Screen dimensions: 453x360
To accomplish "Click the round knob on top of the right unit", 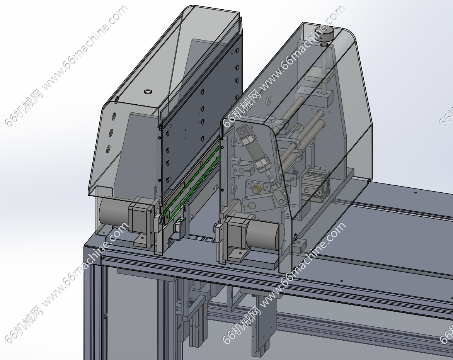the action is [324, 33].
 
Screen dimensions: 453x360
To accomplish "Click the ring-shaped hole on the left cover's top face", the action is [148, 92].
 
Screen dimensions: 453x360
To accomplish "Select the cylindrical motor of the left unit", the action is [114, 212].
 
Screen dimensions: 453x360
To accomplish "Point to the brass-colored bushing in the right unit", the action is [256, 189].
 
